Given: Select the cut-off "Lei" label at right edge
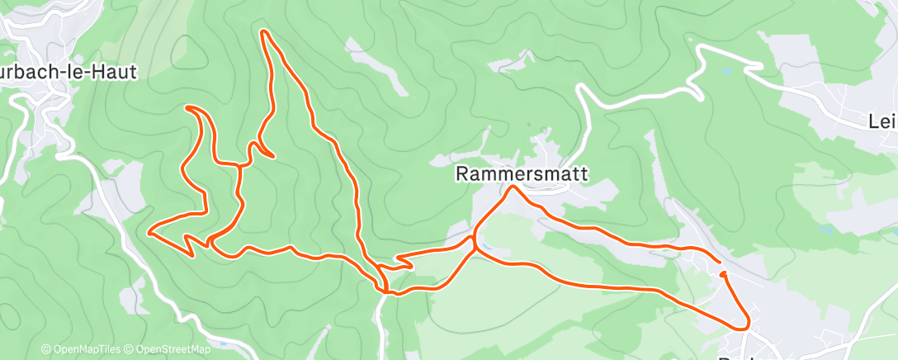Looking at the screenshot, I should point(882,122).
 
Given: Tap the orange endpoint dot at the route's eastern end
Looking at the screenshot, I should point(723,273).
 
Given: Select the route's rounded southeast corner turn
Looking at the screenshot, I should point(746,322).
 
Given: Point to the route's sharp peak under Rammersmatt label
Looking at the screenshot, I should point(513,187).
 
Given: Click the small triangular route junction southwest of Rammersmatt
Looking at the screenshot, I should point(474,244).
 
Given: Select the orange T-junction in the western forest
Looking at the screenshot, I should point(239,166).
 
